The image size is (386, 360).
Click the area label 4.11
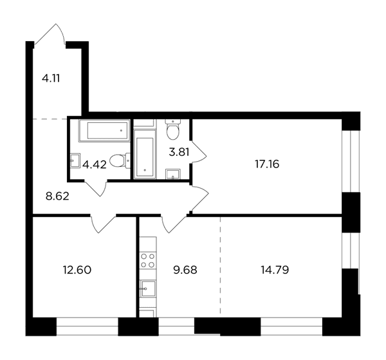pyautogui.click(x=51, y=79)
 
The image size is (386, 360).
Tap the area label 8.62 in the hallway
pyautogui.click(x=57, y=196)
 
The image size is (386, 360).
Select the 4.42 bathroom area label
pyautogui.click(x=95, y=165)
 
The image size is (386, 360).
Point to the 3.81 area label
pyautogui.click(x=179, y=152)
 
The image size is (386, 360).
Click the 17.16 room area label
pyautogui.click(x=267, y=164)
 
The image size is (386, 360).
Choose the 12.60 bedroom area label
pyautogui.click(x=77, y=270)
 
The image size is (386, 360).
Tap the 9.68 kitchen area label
pyautogui.click(x=185, y=270)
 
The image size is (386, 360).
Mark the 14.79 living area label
pyautogui.click(x=275, y=270)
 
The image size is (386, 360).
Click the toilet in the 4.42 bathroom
pyautogui.click(x=120, y=160)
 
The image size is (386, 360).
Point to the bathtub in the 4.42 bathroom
pyautogui.click(x=104, y=131)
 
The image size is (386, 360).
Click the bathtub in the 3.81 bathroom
pyautogui.click(x=145, y=155)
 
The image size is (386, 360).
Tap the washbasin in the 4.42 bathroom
pyautogui.click(x=75, y=160)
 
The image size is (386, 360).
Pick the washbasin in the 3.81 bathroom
pyautogui.click(x=173, y=174)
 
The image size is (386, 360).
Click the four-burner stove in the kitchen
pyautogui.click(x=148, y=260)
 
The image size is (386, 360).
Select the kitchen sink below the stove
pyautogui.click(x=148, y=289)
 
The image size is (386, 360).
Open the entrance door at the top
pyautogui.click(x=50, y=35)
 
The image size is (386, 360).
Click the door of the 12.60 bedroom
pyautogui.click(x=103, y=223)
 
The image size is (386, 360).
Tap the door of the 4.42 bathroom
pyautogui.click(x=96, y=189)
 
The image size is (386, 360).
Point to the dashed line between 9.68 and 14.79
pyautogui.click(x=220, y=266)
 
